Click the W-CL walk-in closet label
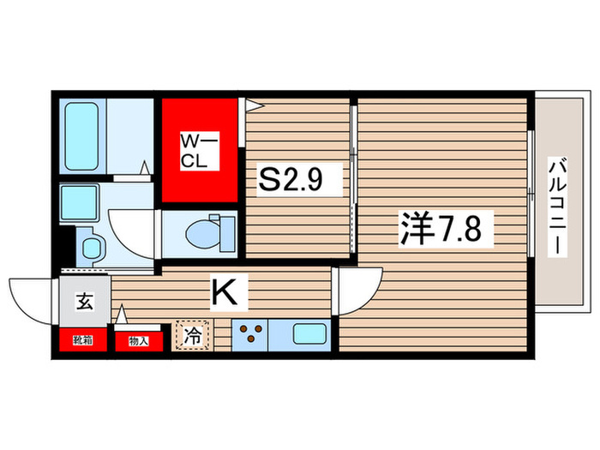199,150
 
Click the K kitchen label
225,293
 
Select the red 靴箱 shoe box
84,341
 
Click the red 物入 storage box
139,341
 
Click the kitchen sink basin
309,333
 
